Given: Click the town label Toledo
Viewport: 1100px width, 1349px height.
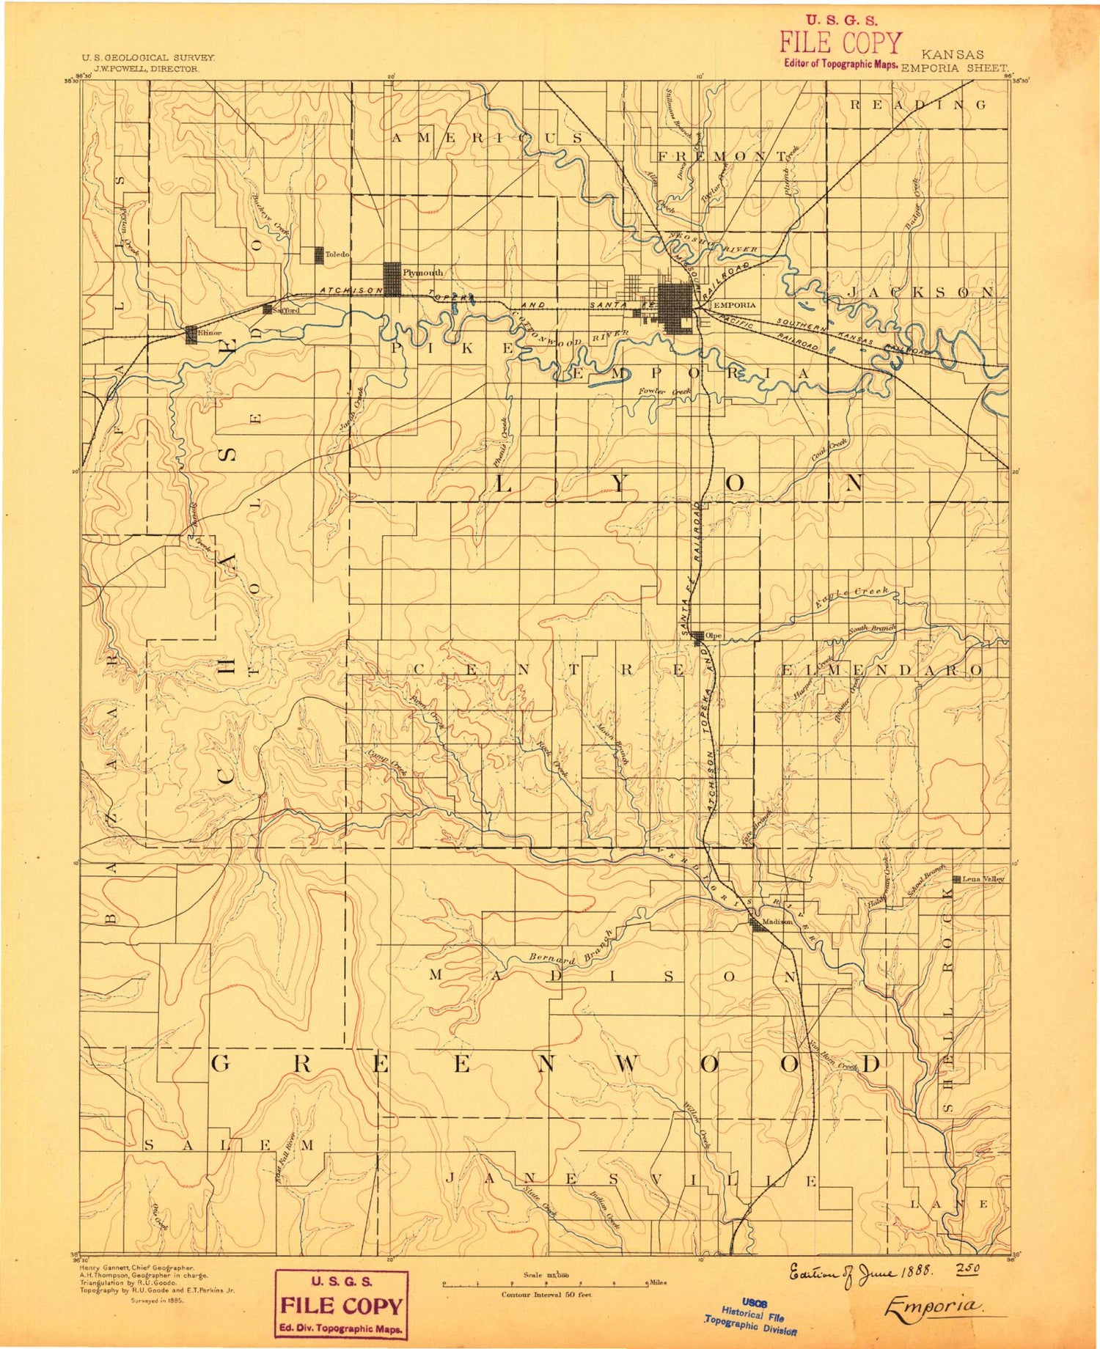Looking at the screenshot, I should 337,254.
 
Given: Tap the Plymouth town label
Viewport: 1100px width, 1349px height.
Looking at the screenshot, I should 423,273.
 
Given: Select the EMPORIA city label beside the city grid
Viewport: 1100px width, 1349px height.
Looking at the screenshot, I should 734,305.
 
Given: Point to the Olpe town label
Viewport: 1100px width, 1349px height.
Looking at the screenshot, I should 714,636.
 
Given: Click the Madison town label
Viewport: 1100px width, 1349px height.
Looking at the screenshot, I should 777,922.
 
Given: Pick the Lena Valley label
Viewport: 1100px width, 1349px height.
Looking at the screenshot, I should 983,878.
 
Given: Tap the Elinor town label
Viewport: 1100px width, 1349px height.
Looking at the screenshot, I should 210,333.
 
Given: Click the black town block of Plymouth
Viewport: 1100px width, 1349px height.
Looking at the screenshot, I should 392,279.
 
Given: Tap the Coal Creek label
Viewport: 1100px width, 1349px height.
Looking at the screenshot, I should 829,449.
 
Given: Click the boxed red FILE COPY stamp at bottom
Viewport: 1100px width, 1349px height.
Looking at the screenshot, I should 341,1306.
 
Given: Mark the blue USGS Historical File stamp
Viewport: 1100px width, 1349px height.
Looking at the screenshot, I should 750,1315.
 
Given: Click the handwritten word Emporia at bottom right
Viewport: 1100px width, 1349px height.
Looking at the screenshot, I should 933,1306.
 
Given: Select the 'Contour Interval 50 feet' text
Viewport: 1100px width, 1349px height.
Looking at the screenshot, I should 546,1295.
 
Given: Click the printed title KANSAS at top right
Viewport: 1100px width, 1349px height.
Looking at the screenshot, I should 953,55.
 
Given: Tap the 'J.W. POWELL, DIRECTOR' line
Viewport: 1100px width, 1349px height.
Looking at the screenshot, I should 145,68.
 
